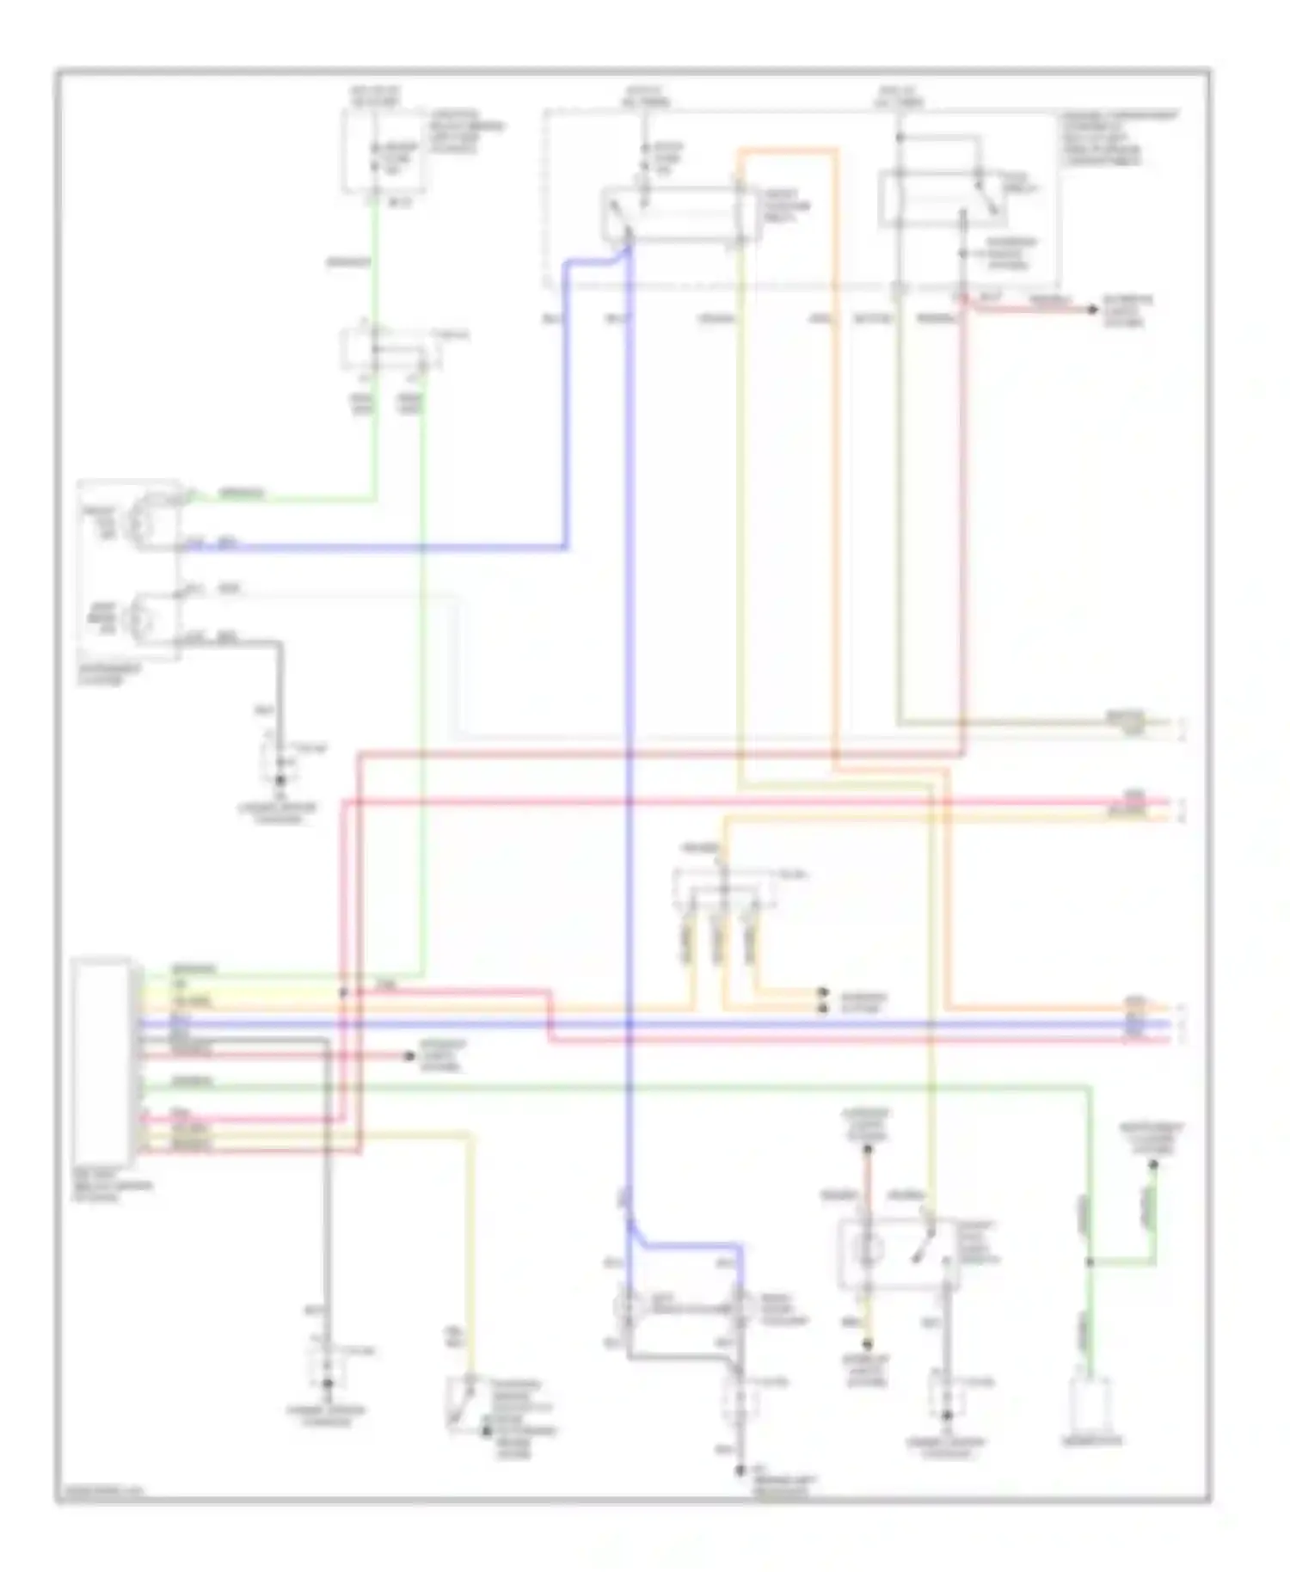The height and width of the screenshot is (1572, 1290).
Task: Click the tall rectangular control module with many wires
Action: [104, 1059]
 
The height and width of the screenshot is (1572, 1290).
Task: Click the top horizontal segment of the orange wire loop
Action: [786, 152]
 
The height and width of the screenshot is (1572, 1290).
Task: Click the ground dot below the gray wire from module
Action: [327, 1384]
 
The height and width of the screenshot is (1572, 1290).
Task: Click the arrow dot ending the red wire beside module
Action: [411, 1055]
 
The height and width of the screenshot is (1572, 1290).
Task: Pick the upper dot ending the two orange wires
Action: [823, 992]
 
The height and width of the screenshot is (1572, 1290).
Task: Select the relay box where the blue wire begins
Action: [679, 213]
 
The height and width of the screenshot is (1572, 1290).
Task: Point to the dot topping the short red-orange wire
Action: [868, 1149]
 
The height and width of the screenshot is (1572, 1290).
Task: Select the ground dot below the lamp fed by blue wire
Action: [740, 1471]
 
